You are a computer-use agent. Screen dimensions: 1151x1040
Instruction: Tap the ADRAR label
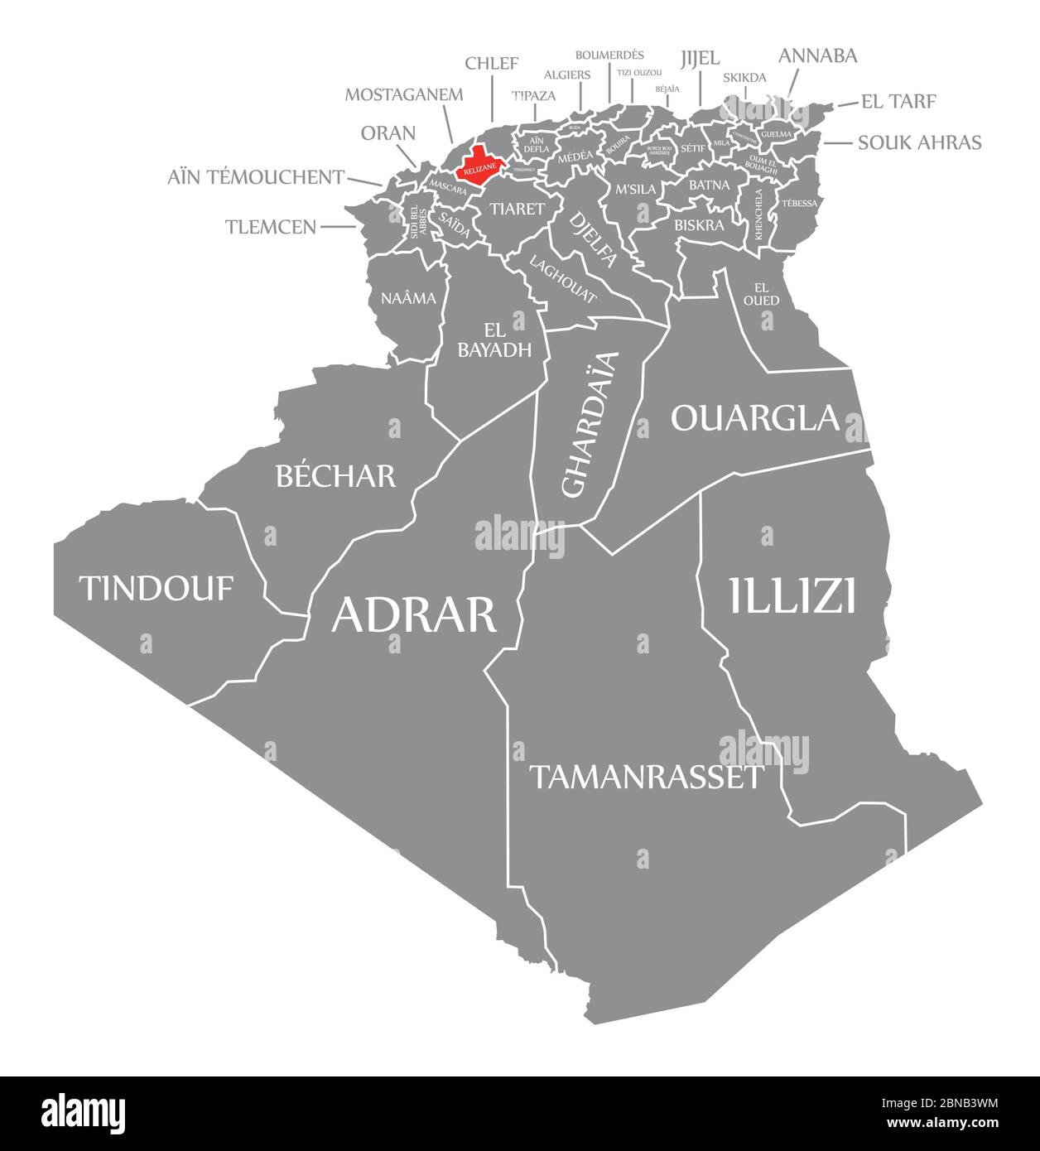click(x=414, y=614)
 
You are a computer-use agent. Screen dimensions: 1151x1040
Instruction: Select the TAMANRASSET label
click(x=646, y=777)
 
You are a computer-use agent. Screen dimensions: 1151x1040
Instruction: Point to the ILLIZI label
click(x=792, y=596)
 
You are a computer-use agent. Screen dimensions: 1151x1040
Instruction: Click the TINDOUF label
click(x=156, y=589)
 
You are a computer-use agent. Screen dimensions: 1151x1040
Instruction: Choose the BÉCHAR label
click(x=335, y=475)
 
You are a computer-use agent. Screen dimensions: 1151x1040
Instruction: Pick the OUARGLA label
click(x=755, y=418)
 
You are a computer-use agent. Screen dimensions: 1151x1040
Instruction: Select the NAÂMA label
click(x=408, y=298)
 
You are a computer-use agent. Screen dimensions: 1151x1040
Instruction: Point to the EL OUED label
click(x=761, y=294)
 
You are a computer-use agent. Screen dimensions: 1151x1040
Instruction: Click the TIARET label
click(x=517, y=209)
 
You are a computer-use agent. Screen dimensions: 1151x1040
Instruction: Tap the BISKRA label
click(x=699, y=224)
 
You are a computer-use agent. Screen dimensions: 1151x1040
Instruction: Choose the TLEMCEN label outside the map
click(x=271, y=226)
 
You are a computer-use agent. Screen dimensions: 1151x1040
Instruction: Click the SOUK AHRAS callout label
click(x=919, y=142)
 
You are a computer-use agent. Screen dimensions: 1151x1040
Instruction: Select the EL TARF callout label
click(x=898, y=101)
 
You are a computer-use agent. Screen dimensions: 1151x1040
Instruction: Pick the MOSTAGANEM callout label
click(x=404, y=94)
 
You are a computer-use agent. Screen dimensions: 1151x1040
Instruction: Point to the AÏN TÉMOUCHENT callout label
click(x=256, y=176)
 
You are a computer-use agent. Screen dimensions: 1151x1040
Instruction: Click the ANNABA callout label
click(x=817, y=55)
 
